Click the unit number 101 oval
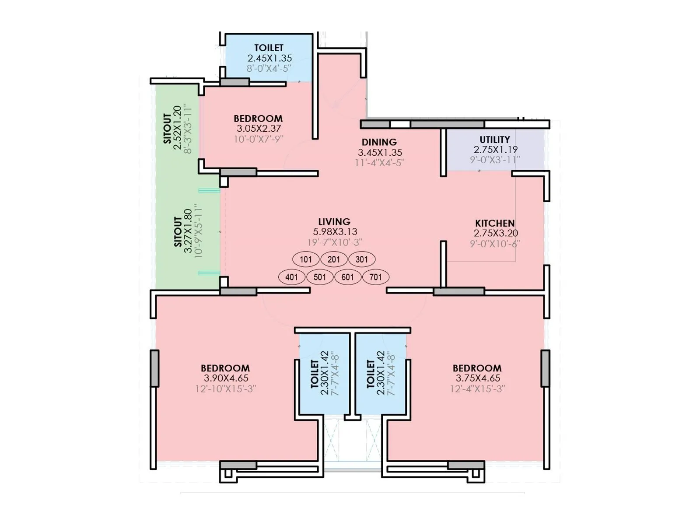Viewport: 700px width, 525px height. tap(306, 259)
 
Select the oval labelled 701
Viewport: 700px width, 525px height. tap(375, 277)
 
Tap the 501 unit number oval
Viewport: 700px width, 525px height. tap(320, 277)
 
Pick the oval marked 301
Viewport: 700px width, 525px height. tap(362, 259)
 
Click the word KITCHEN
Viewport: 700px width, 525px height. tap(495, 223)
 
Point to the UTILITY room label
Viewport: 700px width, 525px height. tap(495, 140)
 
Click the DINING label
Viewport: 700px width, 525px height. tap(379, 142)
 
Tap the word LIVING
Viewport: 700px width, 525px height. tap(334, 222)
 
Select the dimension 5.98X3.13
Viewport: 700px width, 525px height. tap(335, 232)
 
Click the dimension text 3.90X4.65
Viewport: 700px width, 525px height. tap(226, 378)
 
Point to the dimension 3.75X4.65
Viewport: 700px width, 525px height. tap(478, 378)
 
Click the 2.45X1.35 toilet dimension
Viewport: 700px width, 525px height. tap(269, 58)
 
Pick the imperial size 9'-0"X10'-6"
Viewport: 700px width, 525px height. tap(495, 244)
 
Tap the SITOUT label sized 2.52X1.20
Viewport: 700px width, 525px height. tap(167, 129)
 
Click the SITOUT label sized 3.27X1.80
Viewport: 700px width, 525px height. tap(178, 232)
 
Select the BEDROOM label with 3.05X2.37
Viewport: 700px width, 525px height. tap(258, 119)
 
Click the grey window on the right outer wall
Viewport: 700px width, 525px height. tap(545, 368)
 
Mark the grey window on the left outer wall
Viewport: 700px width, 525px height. tap(154, 368)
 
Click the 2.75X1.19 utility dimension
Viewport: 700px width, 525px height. tap(496, 150)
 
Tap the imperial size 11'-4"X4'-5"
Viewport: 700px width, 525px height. tap(379, 163)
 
